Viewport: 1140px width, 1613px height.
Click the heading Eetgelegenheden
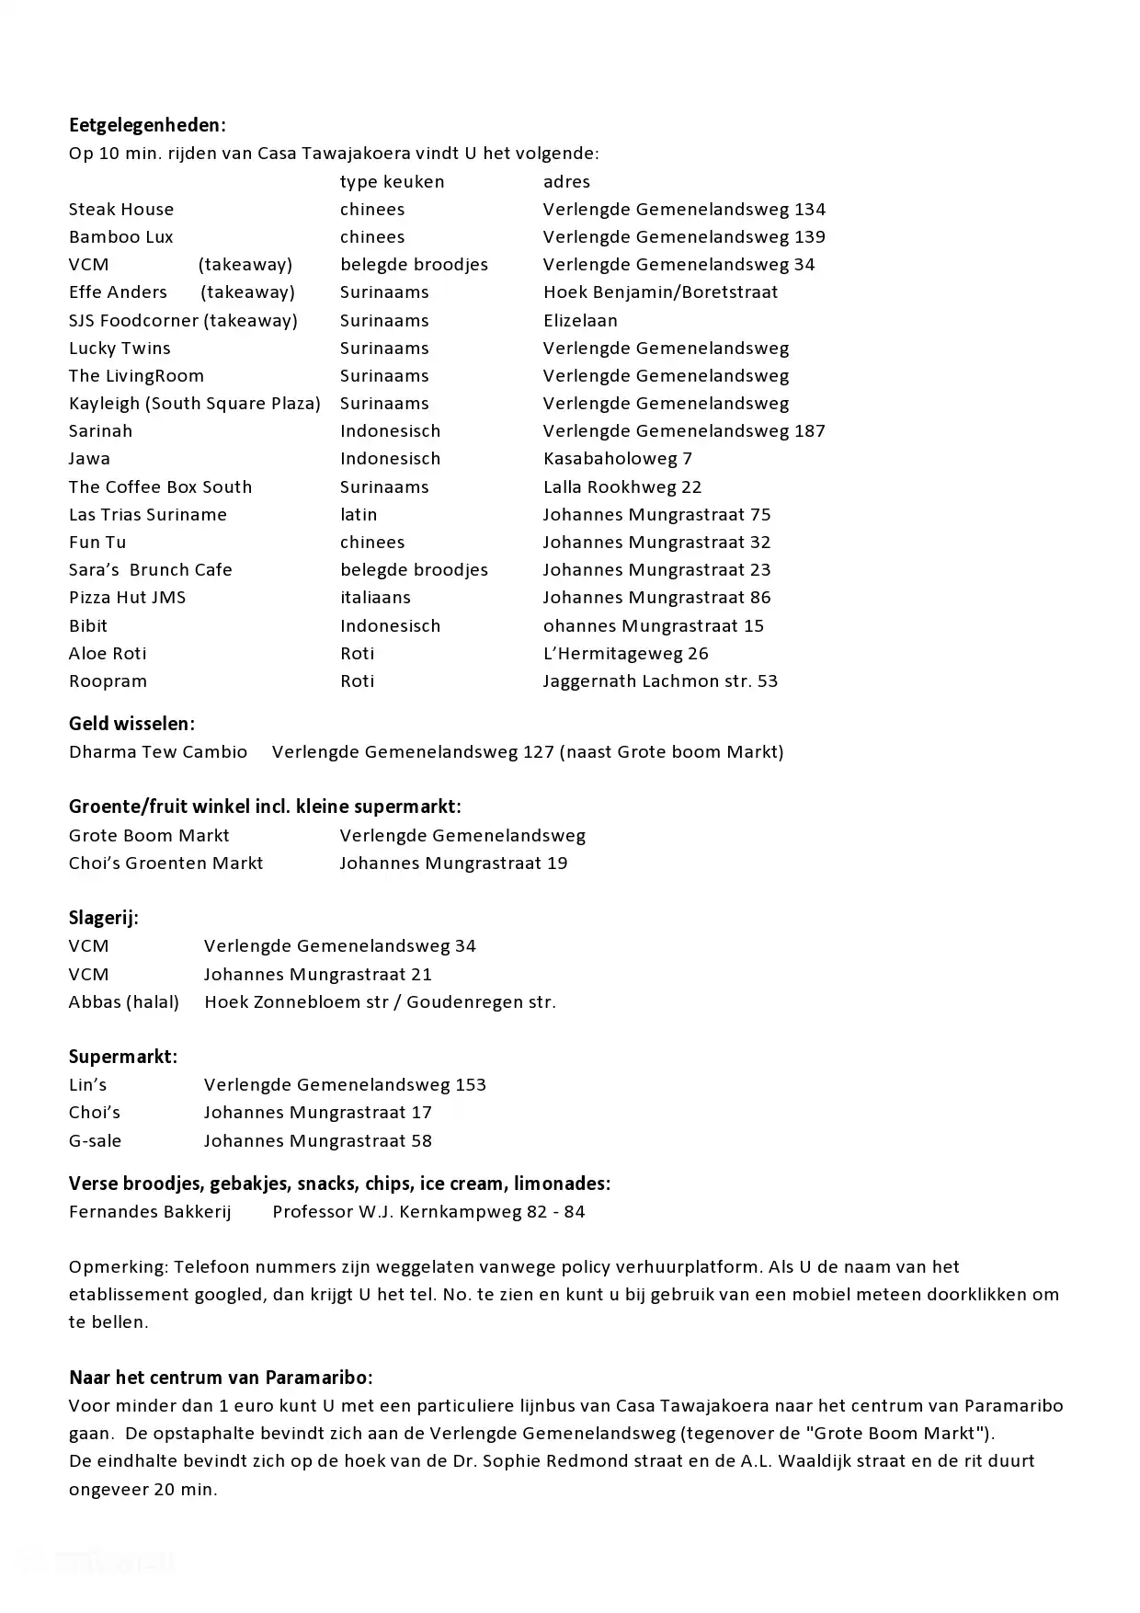[147, 125]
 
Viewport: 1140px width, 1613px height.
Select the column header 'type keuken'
[392, 182]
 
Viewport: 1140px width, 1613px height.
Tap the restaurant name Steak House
[121, 210]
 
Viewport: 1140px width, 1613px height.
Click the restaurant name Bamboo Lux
[121, 237]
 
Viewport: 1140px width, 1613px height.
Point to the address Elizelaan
[580, 321]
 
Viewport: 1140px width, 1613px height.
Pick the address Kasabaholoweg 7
[618, 459]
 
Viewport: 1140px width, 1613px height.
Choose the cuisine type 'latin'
[359, 515]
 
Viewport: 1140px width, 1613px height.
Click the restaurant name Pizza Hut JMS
[127, 598]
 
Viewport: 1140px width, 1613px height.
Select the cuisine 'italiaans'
[375, 598]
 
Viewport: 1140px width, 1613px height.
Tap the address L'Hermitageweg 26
[626, 654]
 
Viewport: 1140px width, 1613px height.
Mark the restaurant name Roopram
[108, 681]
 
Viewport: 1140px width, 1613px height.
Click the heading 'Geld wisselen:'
[131, 724]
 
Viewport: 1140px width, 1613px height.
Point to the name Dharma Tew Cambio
[158, 752]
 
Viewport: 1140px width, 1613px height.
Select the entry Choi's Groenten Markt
[165, 864]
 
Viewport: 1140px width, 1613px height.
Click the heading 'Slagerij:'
[104, 918]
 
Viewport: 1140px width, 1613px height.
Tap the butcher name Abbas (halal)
[124, 1002]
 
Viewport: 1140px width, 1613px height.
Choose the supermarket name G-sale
[95, 1141]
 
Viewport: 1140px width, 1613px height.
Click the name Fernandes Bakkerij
[150, 1212]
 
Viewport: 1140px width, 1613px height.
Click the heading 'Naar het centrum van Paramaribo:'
[221, 1378]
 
